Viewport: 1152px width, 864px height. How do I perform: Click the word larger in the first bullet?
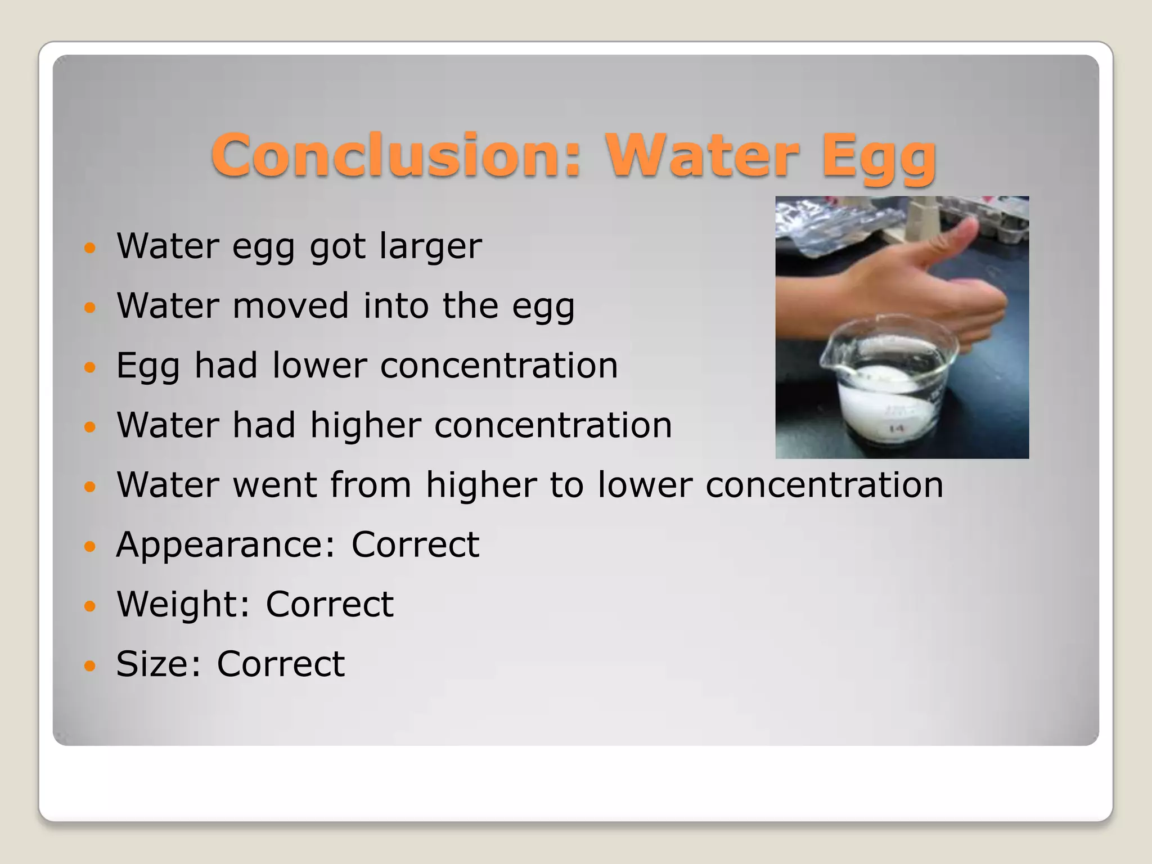point(430,246)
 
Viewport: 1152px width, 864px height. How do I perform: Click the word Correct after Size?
point(280,664)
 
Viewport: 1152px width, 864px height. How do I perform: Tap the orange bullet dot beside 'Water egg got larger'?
point(90,247)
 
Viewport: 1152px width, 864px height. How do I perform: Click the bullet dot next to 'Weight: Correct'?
point(90,606)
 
